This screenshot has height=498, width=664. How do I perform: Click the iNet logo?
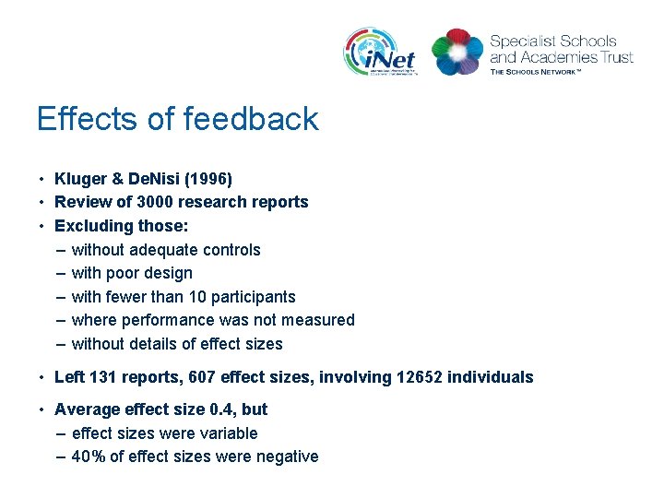[x=381, y=52]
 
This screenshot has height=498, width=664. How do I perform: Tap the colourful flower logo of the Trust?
[x=456, y=52]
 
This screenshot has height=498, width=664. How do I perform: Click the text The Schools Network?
[x=536, y=71]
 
